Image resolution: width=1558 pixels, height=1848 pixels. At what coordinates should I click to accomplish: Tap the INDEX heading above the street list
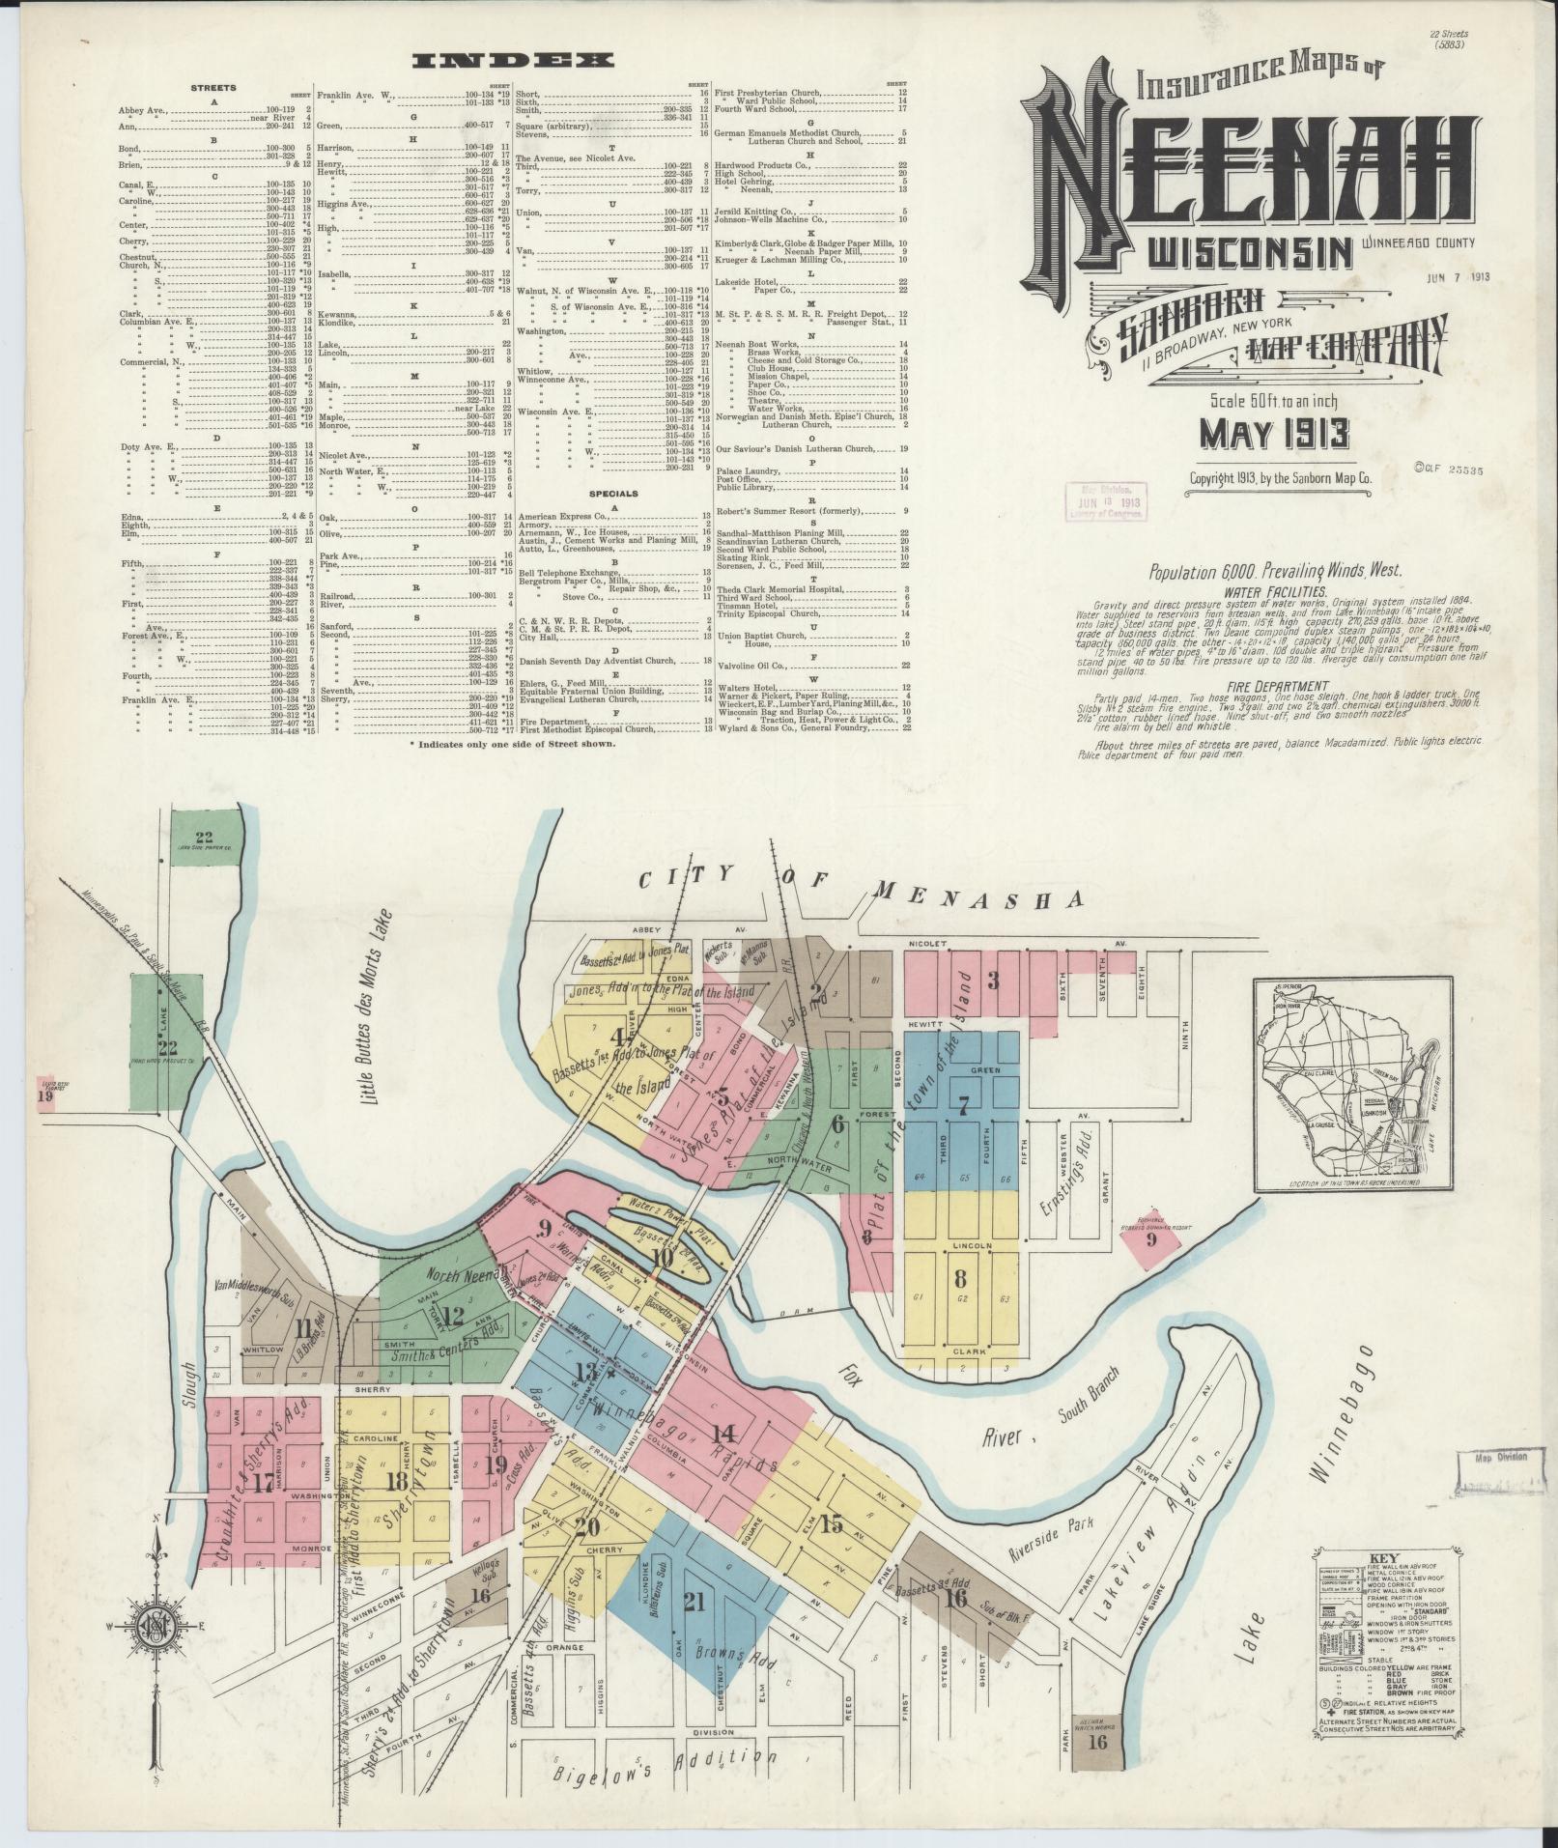[512, 61]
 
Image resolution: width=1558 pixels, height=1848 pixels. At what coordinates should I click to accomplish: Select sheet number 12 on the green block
[451, 1314]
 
